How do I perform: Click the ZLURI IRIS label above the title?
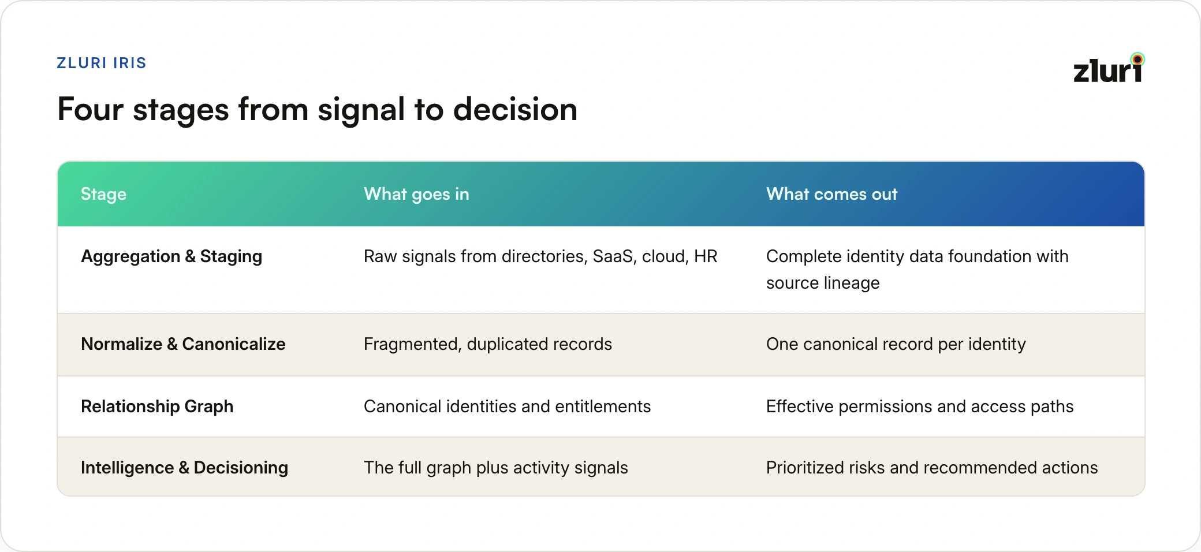point(102,63)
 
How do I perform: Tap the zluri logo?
point(1109,68)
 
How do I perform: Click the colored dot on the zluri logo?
point(1137,59)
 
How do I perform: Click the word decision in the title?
point(515,109)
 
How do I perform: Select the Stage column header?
point(103,194)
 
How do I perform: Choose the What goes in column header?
point(416,194)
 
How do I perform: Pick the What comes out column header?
point(831,194)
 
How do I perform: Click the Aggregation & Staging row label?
point(171,256)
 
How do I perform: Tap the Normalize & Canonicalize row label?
point(183,344)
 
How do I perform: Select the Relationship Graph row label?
point(157,406)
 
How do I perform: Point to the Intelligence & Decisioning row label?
point(184,468)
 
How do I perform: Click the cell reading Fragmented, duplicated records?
point(488,344)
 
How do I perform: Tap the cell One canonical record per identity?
point(896,344)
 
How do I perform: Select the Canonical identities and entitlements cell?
point(507,406)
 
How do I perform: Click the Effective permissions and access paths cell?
point(920,406)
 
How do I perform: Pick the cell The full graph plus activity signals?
point(496,468)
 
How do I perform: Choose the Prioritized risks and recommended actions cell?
point(932,468)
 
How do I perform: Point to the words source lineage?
point(823,283)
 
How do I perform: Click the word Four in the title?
point(91,109)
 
